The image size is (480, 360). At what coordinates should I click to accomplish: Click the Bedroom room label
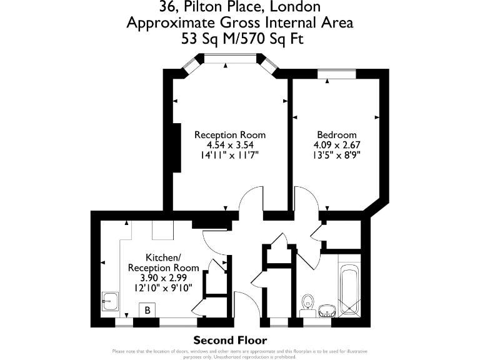click(337, 134)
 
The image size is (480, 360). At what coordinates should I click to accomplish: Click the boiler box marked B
click(147, 310)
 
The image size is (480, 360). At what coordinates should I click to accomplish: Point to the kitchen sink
click(111, 302)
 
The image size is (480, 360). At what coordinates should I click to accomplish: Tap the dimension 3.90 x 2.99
click(164, 277)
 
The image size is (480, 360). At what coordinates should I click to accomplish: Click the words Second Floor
click(230, 341)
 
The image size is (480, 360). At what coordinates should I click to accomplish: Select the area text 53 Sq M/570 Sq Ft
click(240, 39)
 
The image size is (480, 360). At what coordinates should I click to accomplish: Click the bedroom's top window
click(337, 73)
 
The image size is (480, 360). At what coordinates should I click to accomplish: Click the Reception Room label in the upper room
click(230, 134)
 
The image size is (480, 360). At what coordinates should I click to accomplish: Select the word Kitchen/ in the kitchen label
click(164, 257)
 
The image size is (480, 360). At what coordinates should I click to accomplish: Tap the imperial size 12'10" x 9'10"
click(164, 287)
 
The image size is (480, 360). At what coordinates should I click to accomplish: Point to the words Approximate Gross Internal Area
click(240, 23)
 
